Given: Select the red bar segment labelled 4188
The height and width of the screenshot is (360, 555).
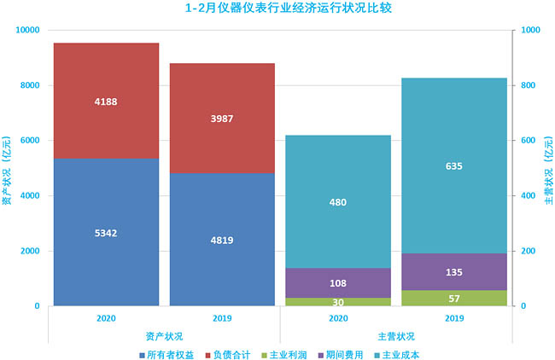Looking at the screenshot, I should click(106, 101).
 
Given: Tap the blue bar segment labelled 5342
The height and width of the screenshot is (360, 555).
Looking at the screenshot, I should click(106, 231).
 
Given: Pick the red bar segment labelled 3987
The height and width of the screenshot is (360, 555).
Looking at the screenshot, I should click(222, 119).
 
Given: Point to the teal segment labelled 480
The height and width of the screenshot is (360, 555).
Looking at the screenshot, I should click(338, 202).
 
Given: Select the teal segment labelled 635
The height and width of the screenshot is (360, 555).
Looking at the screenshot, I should click(453, 165).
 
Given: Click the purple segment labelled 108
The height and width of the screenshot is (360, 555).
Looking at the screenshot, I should click(338, 282).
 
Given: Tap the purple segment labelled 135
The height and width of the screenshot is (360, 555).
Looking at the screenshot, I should click(453, 271).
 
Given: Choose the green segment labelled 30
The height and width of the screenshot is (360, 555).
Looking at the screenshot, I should click(338, 302).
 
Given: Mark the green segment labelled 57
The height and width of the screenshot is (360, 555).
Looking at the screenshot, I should click(453, 298).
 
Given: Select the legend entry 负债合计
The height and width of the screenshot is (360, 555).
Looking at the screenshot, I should click(227, 353).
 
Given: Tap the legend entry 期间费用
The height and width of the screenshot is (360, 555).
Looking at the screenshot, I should click(351, 353).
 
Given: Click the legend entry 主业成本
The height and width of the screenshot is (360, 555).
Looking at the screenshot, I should click(411, 353).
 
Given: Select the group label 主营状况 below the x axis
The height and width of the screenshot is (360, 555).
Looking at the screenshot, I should click(395, 336).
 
